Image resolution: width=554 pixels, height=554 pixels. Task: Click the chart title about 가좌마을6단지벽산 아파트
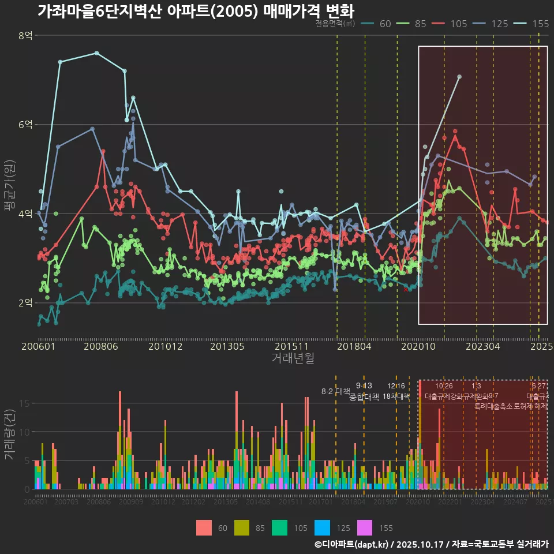click(x=196, y=11)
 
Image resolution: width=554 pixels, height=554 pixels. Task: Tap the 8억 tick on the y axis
click(x=25, y=36)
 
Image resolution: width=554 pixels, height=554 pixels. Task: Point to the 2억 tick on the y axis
click(x=25, y=303)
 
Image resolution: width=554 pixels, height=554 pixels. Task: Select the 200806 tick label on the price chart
click(x=100, y=347)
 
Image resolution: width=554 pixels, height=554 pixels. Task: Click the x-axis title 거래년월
click(x=293, y=358)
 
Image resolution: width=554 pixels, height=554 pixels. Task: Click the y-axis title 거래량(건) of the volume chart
click(x=10, y=434)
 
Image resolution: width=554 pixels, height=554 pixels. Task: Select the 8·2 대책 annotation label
click(x=336, y=391)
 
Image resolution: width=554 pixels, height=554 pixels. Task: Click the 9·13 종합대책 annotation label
click(x=364, y=392)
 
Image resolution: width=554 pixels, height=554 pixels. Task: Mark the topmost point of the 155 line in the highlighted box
click(x=459, y=76)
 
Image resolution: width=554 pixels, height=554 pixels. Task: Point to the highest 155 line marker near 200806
click(x=97, y=53)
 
